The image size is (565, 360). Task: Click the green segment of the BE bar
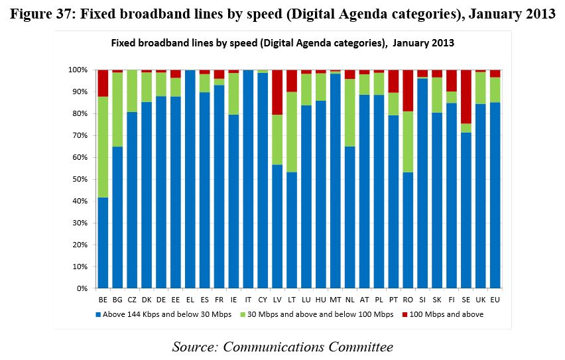(103, 147)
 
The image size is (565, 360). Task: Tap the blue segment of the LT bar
(291, 229)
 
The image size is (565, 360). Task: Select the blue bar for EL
(190, 179)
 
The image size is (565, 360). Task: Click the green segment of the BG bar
(117, 109)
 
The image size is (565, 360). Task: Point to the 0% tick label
(82, 288)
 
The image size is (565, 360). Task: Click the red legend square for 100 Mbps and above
(406, 314)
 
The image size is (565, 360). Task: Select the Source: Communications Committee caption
(282, 346)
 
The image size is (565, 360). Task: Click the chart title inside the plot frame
(282, 43)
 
